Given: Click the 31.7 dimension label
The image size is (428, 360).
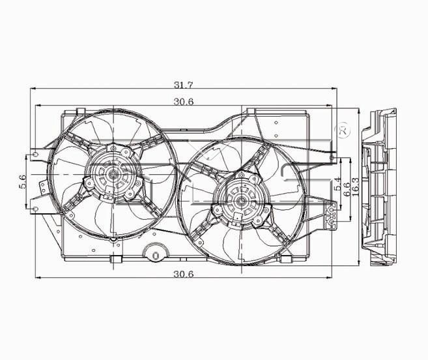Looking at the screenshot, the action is pyautogui.click(x=184, y=85).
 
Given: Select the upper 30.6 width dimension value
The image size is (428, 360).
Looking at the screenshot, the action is pyautogui.click(x=184, y=102).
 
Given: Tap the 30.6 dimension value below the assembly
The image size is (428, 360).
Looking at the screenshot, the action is pyautogui.click(x=184, y=274).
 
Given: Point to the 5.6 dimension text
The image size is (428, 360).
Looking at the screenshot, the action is pyautogui.click(x=23, y=181).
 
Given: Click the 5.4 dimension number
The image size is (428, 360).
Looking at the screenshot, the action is pyautogui.click(x=337, y=184).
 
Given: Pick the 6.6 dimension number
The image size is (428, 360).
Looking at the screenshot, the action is pyautogui.click(x=347, y=189).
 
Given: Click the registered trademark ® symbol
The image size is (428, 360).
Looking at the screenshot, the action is pyautogui.click(x=344, y=131).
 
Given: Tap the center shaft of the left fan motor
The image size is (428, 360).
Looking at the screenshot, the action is pyautogui.click(x=113, y=173).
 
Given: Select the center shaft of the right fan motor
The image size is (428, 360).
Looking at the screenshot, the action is pyautogui.click(x=241, y=202).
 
